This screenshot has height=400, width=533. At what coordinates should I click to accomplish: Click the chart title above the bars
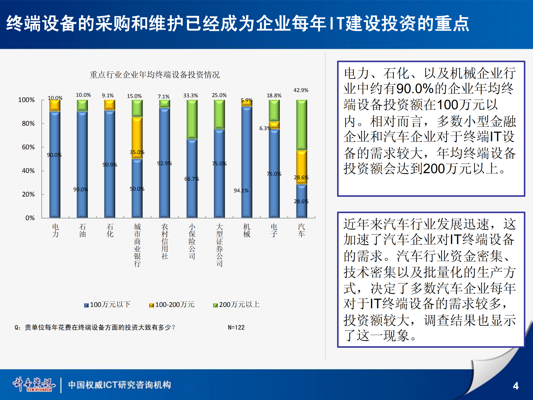(154, 74)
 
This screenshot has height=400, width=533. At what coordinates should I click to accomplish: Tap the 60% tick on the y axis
(28, 147)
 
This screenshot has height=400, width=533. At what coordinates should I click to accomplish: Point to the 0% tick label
(30, 218)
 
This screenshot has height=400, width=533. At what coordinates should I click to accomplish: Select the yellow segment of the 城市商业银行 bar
(137, 138)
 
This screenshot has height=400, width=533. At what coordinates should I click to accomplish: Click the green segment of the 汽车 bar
(301, 125)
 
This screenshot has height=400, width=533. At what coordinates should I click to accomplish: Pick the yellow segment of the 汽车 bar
(301, 167)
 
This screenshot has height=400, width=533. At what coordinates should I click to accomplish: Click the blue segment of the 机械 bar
(247, 161)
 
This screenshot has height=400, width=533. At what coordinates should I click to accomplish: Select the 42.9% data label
(301, 90)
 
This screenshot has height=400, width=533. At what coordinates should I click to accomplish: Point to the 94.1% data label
(241, 190)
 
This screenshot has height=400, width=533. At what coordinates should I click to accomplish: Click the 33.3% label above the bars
(191, 96)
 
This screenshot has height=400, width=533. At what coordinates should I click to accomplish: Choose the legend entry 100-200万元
(174, 305)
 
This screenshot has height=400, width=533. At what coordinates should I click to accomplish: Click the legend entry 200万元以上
(239, 305)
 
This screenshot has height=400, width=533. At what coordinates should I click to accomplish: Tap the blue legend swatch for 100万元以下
(86, 305)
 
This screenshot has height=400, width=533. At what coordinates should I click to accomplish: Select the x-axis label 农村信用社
(165, 241)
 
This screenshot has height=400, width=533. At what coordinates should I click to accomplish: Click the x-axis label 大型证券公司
(219, 245)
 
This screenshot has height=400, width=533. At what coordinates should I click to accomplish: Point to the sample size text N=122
(236, 327)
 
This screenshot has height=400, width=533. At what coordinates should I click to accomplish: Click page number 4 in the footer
(516, 386)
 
